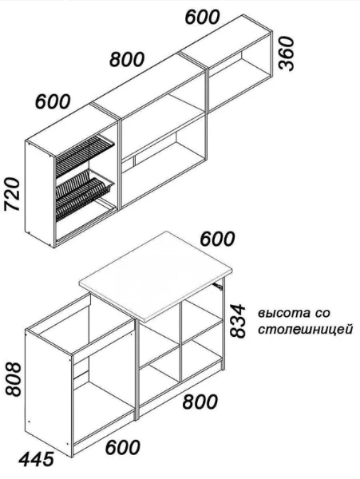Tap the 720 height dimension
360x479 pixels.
point(12,194)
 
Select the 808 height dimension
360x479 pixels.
point(14,379)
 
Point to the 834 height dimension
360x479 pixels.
point(237,320)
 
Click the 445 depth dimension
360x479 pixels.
point(37,459)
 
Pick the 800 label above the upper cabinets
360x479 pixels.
point(127,59)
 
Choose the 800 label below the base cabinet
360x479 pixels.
point(200,402)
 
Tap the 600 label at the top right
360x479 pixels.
point(203,17)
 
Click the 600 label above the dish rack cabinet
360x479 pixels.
point(53,101)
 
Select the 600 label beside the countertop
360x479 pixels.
point(217,239)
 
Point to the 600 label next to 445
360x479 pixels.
point(122,447)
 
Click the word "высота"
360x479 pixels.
point(281,314)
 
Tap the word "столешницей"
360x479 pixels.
point(306,330)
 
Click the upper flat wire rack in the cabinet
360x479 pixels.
point(85,155)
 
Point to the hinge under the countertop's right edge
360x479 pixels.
point(218,286)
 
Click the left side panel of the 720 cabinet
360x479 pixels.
point(40,194)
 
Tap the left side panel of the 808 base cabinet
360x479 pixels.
point(48,393)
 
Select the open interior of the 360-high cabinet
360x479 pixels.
point(239,79)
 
